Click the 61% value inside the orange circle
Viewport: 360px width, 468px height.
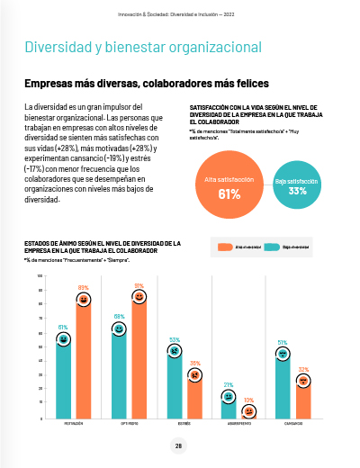click(229, 169)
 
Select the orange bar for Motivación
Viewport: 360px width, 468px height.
click(83, 360)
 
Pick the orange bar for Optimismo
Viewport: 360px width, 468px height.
click(139, 360)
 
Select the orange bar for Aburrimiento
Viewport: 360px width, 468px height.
click(248, 413)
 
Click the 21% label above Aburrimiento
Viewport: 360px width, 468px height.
click(228, 384)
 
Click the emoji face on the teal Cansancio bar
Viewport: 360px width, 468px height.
click(283, 354)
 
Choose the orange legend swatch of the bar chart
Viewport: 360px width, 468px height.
click(224, 246)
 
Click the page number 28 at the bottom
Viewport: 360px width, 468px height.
click(178, 445)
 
